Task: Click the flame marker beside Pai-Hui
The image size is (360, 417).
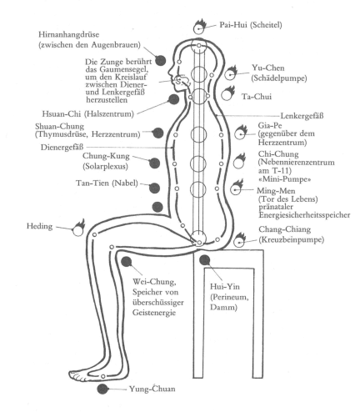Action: tap(199, 27)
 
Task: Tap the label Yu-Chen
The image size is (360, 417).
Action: tap(268, 68)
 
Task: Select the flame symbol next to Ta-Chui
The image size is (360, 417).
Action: tap(227, 93)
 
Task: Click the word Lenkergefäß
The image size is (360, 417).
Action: tap(302, 115)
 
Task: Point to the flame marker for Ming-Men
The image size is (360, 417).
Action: tap(237, 188)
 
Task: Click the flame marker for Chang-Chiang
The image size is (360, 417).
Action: tap(240, 240)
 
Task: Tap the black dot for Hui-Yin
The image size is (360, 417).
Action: tap(205, 259)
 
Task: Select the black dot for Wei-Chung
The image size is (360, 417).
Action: tap(127, 262)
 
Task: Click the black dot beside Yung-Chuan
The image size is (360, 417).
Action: tap(102, 389)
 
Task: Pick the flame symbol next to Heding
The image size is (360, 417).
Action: tap(78, 228)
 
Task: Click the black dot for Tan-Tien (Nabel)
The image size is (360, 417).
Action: tap(154, 188)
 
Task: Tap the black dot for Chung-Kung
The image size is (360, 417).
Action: tap(154, 163)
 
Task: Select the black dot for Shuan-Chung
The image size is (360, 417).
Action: tap(157, 133)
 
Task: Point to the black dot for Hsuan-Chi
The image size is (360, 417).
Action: tap(173, 99)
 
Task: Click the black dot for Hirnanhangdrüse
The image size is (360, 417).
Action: tap(160, 60)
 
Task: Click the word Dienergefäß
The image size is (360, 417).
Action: tap(62, 147)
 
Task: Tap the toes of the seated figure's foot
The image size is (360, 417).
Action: tap(73, 375)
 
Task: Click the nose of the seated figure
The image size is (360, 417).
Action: tap(170, 73)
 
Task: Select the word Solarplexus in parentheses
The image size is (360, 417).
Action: tap(105, 166)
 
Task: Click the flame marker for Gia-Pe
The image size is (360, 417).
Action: tap(241, 133)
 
